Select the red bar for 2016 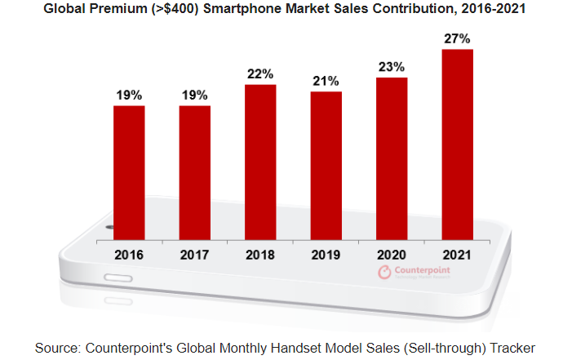129,172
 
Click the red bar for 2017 194,172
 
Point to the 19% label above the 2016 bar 129,95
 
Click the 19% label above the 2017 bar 194,95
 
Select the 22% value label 260,74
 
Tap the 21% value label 326,81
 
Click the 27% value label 457,39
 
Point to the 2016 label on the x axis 129,255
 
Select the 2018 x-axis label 260,255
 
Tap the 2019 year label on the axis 326,255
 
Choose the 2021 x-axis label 457,255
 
